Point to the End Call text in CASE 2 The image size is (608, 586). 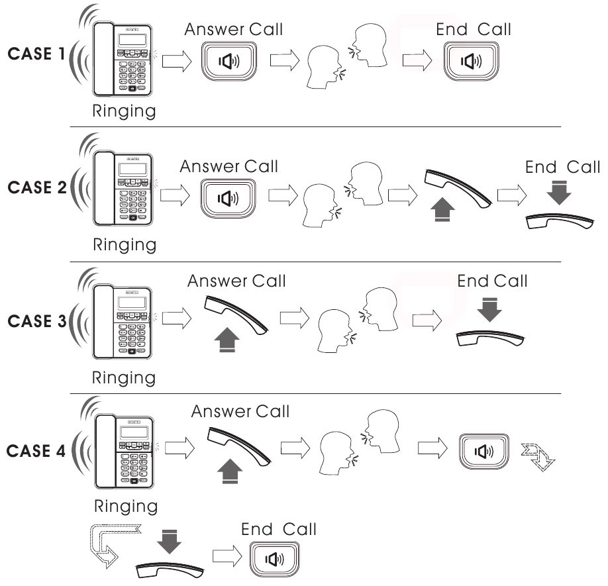click(x=562, y=167)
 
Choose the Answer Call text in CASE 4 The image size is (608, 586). click(x=240, y=411)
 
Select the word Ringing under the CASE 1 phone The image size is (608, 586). click(x=124, y=111)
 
